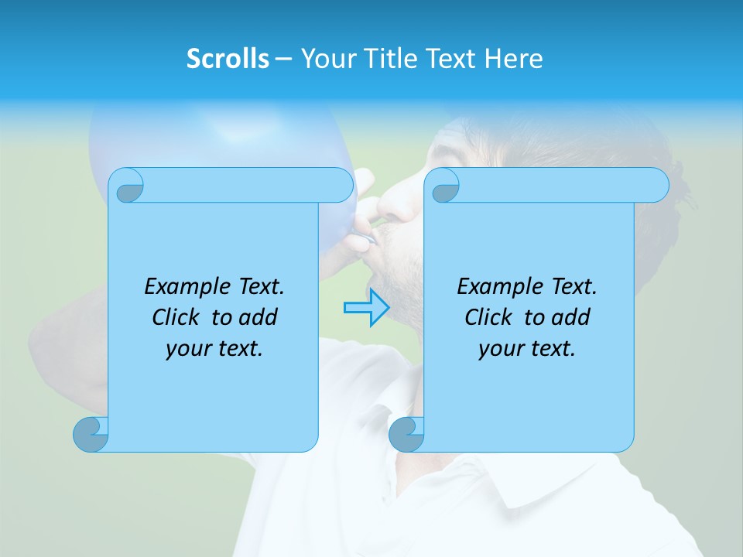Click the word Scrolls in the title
(228, 59)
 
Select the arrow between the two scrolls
(366, 308)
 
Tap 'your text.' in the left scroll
(214, 349)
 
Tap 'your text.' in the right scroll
(527, 349)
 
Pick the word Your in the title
(327, 59)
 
